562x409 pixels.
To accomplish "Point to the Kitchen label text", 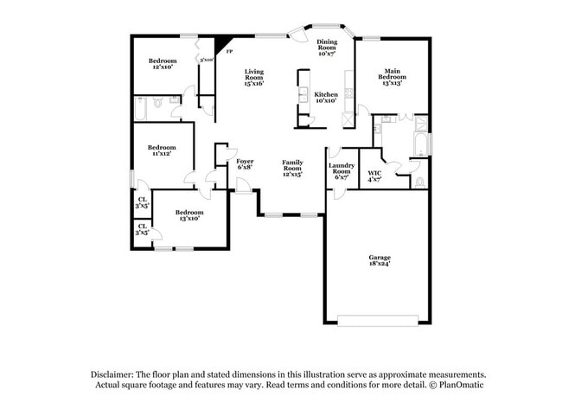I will [x=326, y=94].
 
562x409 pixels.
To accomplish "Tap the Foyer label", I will [x=245, y=161].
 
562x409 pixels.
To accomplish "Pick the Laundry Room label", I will [x=340, y=168].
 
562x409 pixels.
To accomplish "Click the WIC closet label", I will [x=374, y=172].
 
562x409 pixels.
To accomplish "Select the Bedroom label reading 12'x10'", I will [x=163, y=61].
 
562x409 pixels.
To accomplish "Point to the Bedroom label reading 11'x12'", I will [x=162, y=147].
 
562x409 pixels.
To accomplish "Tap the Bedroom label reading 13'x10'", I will [x=189, y=212].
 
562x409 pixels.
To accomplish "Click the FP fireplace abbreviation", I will [x=228, y=52].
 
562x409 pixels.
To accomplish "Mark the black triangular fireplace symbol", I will [x=223, y=42].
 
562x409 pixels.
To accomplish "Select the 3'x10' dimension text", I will [x=206, y=60].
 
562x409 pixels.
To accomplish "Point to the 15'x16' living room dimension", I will [x=253, y=83].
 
